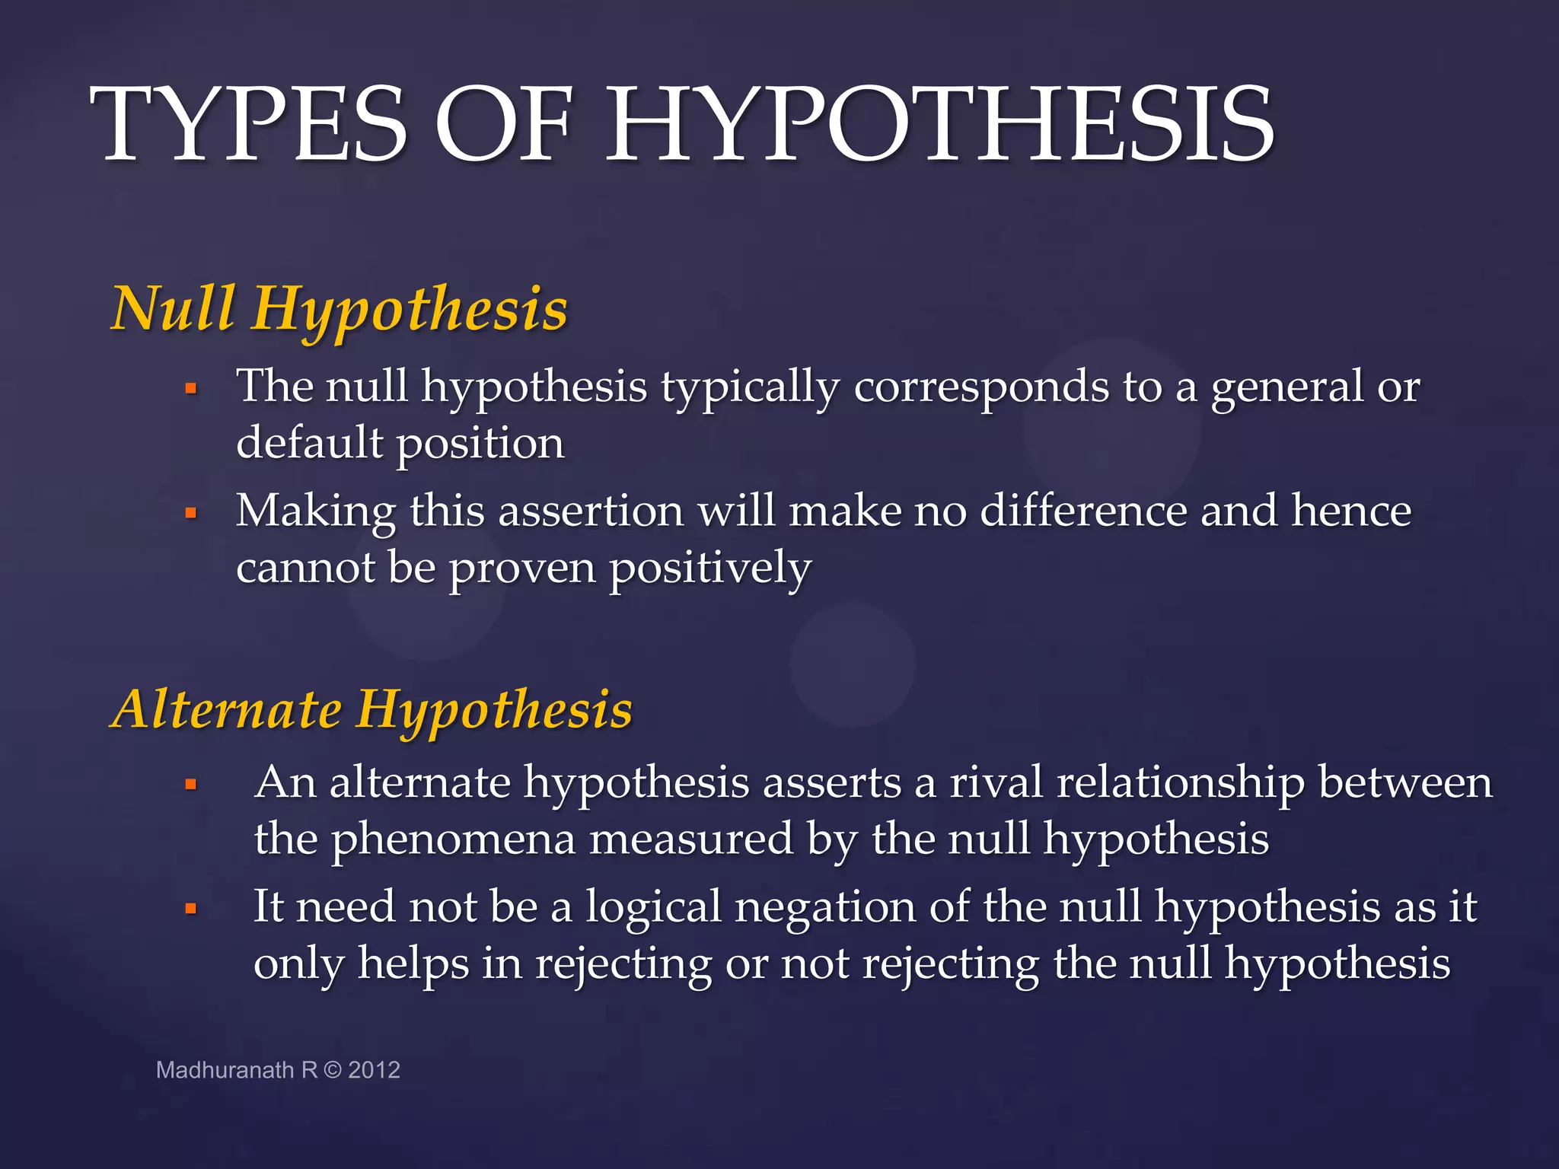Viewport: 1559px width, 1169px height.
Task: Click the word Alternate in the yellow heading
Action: (227, 709)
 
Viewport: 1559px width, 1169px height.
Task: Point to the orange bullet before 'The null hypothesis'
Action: (191, 389)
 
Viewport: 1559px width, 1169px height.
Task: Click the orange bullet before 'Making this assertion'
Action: (191, 514)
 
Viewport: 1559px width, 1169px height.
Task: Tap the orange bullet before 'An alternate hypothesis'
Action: (191, 785)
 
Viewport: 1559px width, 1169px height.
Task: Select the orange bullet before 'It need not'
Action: (191, 909)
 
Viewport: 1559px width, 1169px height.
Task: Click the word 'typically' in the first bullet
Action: (750, 388)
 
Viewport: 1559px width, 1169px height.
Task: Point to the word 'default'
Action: (309, 443)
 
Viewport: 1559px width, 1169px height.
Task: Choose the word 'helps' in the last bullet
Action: (413, 964)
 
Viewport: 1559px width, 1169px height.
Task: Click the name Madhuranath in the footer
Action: (225, 1070)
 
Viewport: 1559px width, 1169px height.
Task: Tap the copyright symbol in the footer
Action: (333, 1070)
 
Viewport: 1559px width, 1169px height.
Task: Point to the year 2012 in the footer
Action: (374, 1070)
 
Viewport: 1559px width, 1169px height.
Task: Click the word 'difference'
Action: (1082, 511)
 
